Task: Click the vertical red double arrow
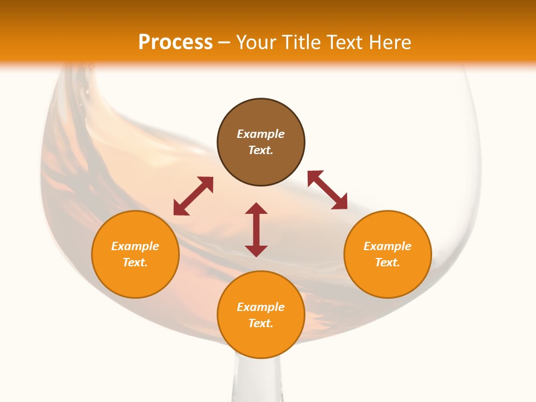coord(256,229)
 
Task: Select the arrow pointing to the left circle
coord(193,196)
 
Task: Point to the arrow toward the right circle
coord(328,190)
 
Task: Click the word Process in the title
coord(175,42)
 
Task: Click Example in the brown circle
coord(261,134)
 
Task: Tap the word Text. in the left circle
coord(135,262)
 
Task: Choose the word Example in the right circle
coord(387,246)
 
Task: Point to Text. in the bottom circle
coord(261,323)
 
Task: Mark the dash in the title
coord(224,42)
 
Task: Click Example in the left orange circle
coord(135,246)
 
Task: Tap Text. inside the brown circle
coord(261,150)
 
